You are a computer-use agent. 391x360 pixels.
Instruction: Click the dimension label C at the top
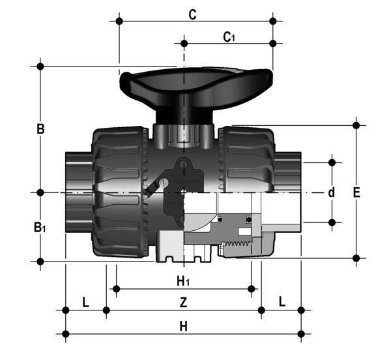(x=193, y=14)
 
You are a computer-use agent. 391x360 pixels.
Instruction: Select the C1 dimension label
(x=229, y=37)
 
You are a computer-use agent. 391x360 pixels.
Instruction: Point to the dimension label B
(x=40, y=129)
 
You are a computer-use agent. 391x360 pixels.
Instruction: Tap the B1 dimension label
(x=40, y=228)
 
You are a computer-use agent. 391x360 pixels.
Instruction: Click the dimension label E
(x=356, y=193)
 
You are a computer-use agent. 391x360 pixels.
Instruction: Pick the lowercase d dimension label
(x=331, y=192)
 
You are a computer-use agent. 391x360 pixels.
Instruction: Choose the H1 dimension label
(x=184, y=281)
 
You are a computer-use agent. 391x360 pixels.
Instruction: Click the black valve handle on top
(x=195, y=84)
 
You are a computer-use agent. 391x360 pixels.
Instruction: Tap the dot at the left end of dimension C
(x=119, y=22)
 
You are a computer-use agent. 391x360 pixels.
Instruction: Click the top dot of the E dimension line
(x=356, y=124)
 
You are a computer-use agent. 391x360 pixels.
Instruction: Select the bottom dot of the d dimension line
(x=332, y=222)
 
